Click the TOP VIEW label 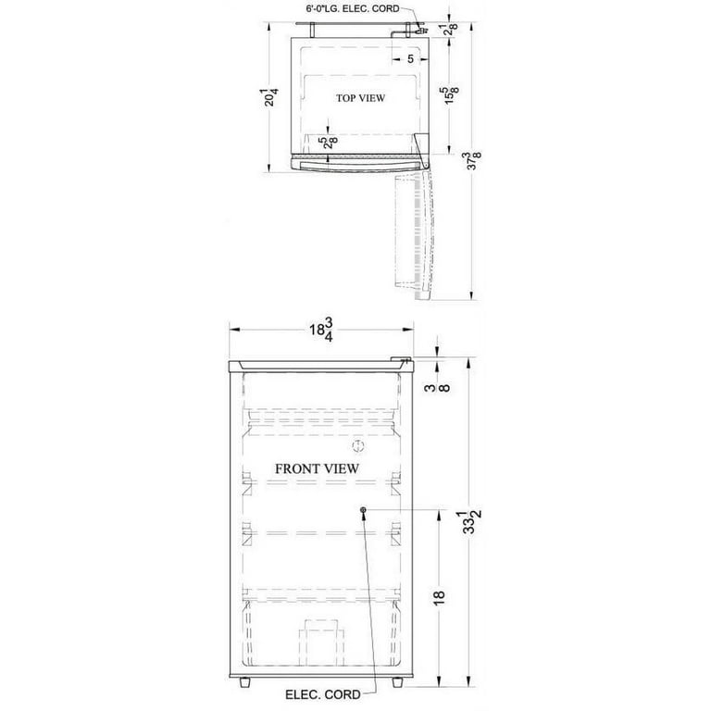point(360,98)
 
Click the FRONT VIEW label point(317,468)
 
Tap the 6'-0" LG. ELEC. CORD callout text point(353,8)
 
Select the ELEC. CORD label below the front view point(323,694)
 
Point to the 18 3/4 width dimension point(322,330)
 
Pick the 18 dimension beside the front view point(439,597)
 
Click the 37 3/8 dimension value point(474,161)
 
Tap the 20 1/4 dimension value point(271,97)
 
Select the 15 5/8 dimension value point(452,95)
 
